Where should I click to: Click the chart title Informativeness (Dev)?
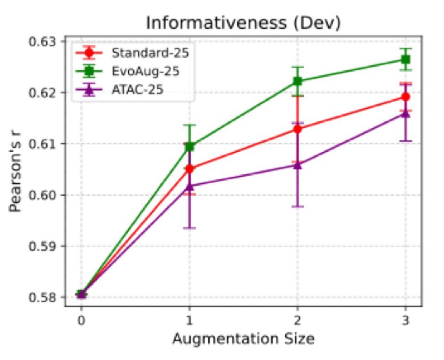point(243,23)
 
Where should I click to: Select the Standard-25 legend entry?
point(150,52)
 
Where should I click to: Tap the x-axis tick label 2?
point(297,321)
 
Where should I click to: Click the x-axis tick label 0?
point(81,321)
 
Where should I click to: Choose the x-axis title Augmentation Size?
point(243,339)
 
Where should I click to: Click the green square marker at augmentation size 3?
point(406,60)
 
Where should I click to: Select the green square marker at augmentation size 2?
point(298,81)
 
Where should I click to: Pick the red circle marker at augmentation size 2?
point(298,129)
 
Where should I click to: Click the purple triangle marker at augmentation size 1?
point(189,186)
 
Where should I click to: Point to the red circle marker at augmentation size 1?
point(189,169)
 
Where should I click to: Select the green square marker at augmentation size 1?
point(189,147)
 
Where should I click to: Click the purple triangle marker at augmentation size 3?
point(406,113)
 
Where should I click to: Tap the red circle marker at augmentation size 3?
point(406,97)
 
